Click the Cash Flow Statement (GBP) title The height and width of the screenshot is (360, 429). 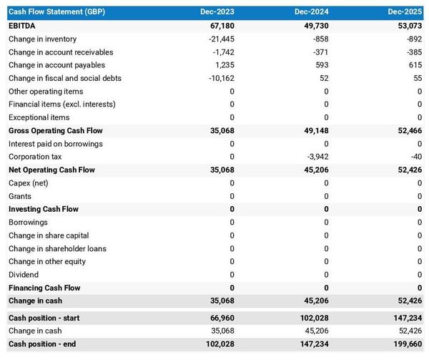56,12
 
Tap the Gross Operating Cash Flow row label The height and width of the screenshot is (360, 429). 56,131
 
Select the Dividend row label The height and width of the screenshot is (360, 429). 24,275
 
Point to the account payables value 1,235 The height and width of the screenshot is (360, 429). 224,65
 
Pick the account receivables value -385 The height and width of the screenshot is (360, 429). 413,52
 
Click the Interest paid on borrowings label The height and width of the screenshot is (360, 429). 56,144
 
